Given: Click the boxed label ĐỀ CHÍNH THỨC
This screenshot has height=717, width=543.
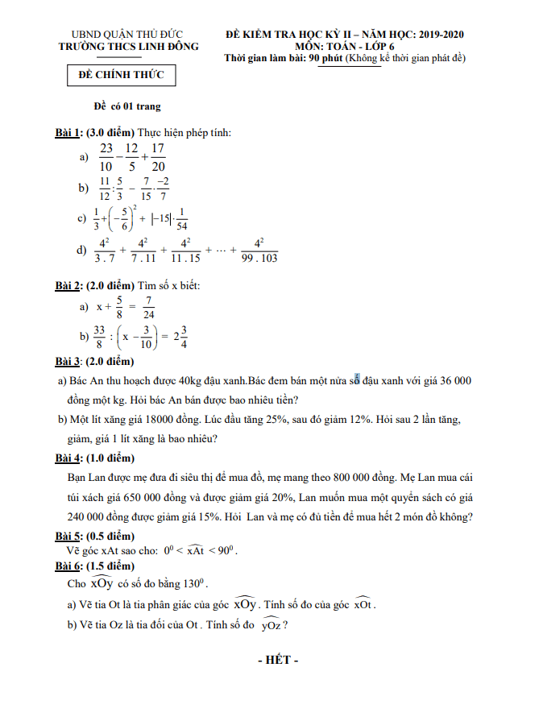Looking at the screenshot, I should [121, 76].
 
